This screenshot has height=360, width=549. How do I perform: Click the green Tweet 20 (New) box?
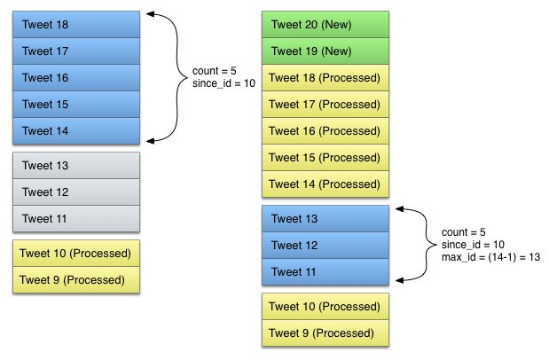coord(325,25)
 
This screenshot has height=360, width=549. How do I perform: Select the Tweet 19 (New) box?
coord(325,51)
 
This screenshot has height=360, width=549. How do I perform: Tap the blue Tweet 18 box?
coord(76,25)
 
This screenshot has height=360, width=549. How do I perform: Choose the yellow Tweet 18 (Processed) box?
coord(325,78)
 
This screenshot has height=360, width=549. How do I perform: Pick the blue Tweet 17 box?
coord(76,51)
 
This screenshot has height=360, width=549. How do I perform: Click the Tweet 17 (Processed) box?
coord(325,105)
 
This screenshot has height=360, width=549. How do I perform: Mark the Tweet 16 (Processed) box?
coord(325,131)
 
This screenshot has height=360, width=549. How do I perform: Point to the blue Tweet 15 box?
coord(76,105)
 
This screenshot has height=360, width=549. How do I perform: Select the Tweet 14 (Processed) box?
coord(325,184)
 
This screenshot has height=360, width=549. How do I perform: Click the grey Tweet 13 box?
coord(76,165)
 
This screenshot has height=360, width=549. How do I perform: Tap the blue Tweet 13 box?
coord(325,219)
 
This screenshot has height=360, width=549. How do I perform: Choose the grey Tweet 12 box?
coord(76,192)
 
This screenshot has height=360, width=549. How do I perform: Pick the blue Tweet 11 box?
coord(325,272)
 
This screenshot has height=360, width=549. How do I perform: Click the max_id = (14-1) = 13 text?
coord(490,257)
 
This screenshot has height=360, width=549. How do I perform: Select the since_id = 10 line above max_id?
coord(473,245)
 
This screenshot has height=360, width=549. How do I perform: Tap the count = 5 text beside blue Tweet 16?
coord(215,71)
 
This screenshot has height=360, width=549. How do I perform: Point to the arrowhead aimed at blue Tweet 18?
coord(151,14)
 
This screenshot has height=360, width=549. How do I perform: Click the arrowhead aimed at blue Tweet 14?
coord(151,141)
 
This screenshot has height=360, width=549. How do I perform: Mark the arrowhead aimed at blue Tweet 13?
coord(400,209)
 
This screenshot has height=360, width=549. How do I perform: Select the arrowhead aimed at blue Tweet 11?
coord(400,280)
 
